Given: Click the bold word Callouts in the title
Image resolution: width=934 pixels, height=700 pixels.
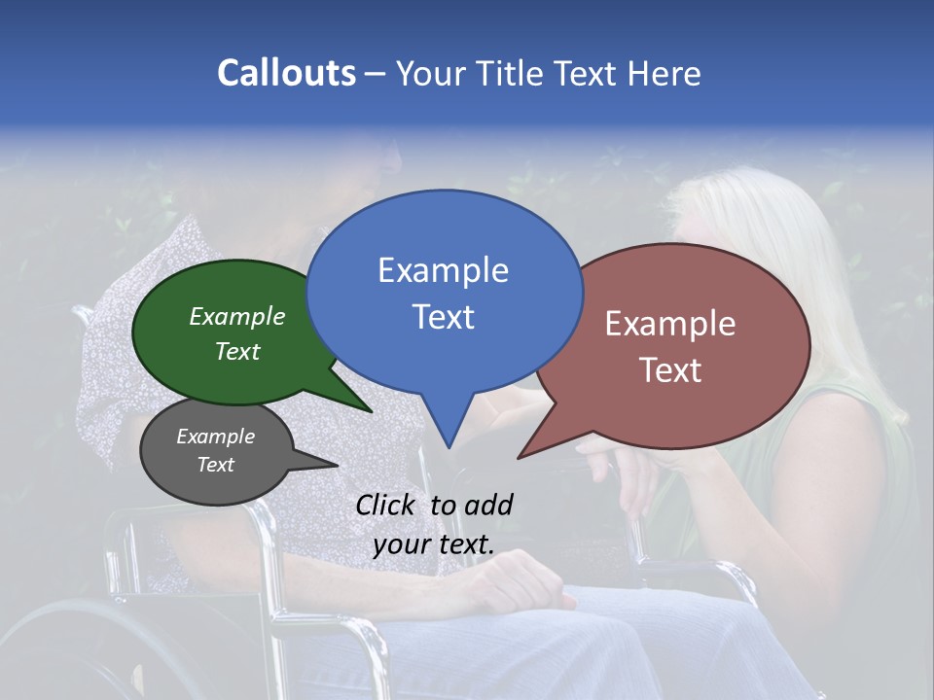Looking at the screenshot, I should [286, 73].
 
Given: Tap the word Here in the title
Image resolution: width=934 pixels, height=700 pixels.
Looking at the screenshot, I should [665, 73].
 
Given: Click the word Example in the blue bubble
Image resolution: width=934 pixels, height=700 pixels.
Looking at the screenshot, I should [443, 270].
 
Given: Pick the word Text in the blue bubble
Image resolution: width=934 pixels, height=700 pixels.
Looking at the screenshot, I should [443, 317].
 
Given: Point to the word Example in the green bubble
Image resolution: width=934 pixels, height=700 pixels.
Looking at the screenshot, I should [236, 317].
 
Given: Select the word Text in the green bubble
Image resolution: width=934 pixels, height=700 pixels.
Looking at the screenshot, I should [236, 352].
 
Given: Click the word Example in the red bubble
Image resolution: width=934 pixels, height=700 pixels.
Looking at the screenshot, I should [670, 324].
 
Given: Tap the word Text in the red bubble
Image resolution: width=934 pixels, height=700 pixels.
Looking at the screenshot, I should [670, 370].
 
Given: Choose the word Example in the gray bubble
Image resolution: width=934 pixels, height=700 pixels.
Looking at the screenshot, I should [215, 437].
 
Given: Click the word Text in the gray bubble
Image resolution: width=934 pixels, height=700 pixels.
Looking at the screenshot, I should [215, 465].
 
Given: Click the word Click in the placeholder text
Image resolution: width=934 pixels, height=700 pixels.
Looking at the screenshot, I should [387, 505].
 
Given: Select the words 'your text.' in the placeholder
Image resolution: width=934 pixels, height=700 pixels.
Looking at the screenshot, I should [433, 544].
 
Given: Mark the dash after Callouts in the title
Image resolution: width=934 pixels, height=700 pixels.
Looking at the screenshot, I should [376, 74].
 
